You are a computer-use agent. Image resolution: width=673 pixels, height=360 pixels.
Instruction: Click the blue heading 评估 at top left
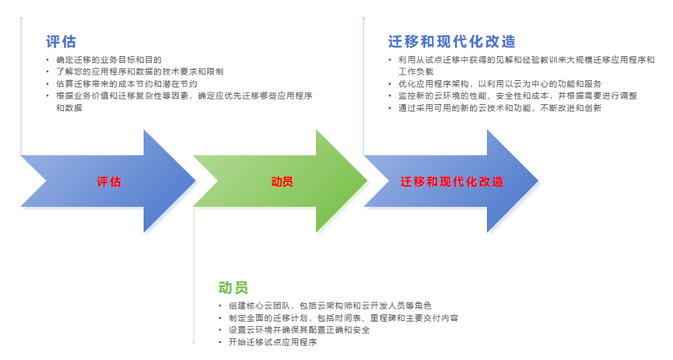[x=61, y=41]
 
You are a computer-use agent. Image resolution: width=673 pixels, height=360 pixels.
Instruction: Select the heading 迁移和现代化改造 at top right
[x=451, y=41]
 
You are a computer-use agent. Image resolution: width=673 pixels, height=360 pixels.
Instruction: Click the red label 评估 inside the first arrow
[x=109, y=181]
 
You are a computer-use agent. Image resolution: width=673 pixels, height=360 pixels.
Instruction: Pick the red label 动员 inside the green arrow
[x=282, y=181]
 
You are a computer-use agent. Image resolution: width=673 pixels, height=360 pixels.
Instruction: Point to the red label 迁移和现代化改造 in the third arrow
[x=452, y=181]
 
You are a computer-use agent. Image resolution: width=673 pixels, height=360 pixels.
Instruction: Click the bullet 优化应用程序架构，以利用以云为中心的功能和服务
[x=499, y=83]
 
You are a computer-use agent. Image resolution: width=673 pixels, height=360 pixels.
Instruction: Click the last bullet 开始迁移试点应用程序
[x=272, y=342]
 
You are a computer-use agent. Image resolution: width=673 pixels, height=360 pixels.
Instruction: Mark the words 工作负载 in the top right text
[x=412, y=71]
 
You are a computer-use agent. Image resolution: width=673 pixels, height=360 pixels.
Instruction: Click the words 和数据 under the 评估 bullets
[x=69, y=108]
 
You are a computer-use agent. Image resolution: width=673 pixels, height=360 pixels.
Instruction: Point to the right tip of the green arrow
[x=366, y=181]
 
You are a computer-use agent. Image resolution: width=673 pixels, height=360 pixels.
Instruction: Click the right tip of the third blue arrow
[x=537, y=181]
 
